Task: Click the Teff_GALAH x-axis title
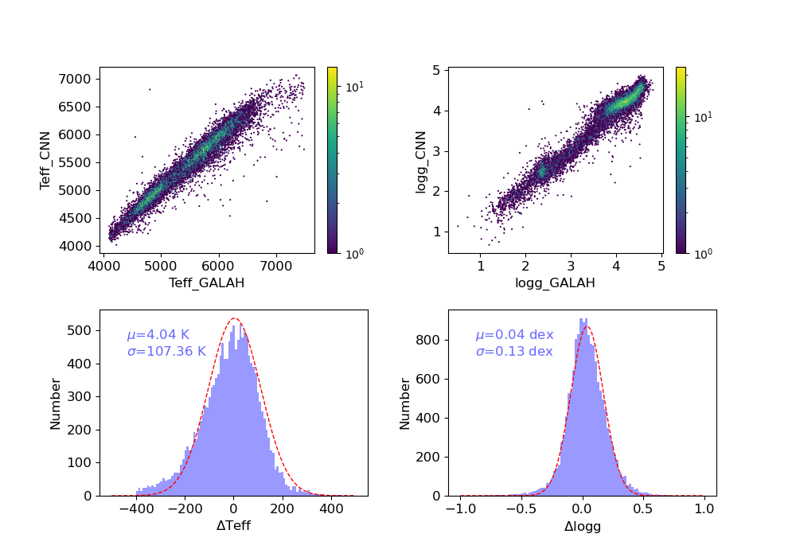[x=207, y=283]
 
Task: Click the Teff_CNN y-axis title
[x=47, y=160]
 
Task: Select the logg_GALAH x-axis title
[x=556, y=283]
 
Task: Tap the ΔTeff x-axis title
[x=233, y=526]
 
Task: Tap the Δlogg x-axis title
[x=582, y=526]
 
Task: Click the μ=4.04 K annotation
[x=166, y=335]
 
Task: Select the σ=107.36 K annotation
[x=166, y=351]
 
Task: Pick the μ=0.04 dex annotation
[x=514, y=335]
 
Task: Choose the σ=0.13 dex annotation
[x=514, y=351]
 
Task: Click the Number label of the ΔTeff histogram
[x=56, y=403]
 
